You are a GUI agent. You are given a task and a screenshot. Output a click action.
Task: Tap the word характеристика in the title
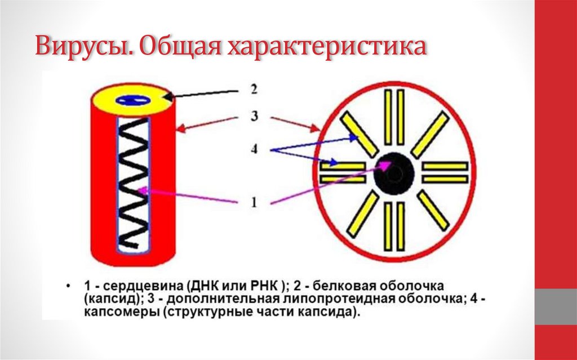click(326, 47)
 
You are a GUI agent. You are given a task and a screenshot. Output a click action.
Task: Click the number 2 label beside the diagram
click(254, 89)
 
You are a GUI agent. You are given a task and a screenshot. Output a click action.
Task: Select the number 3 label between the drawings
click(254, 117)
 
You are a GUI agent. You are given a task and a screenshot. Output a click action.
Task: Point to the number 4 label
click(254, 150)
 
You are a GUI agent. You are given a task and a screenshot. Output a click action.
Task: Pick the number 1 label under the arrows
click(254, 202)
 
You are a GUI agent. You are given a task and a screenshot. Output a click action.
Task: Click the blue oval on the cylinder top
click(134, 100)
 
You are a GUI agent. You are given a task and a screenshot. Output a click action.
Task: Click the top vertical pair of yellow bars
click(394, 117)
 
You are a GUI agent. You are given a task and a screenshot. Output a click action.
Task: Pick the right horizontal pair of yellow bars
click(445, 172)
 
